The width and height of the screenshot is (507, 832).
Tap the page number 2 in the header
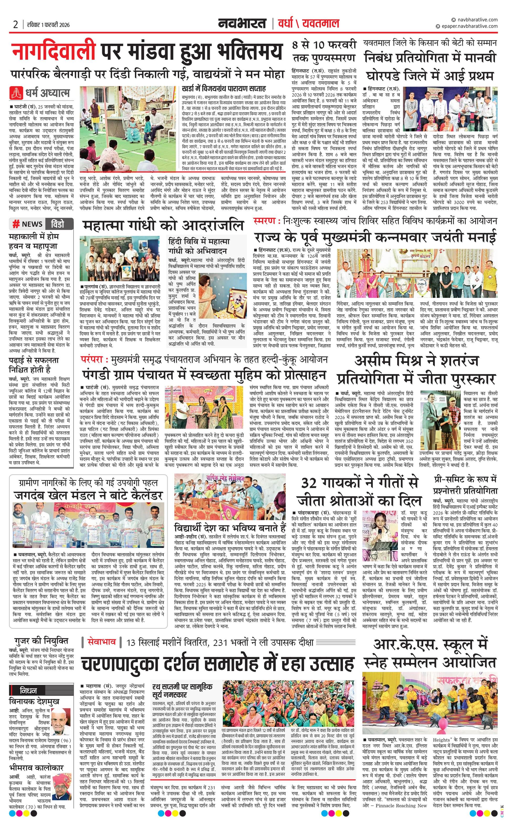coord(15,24)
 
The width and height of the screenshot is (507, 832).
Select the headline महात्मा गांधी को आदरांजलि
coord(163,226)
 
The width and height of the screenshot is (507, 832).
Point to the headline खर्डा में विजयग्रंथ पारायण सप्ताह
coord(224,89)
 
